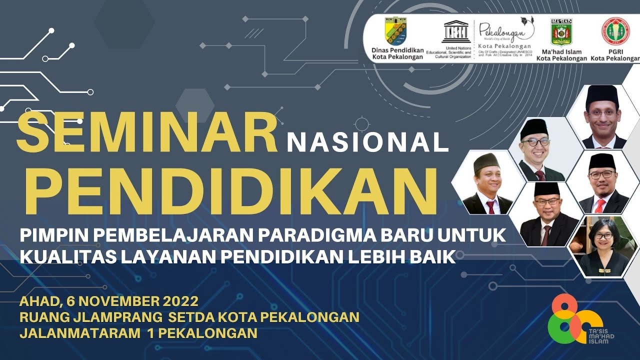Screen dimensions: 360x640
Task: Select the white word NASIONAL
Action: (367, 142)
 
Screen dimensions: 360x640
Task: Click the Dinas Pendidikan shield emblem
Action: (395, 31)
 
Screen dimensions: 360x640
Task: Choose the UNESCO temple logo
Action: (456, 32)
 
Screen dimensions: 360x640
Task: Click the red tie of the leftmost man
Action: (490, 206)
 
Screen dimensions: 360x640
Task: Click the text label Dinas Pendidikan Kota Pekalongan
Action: (397, 53)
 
